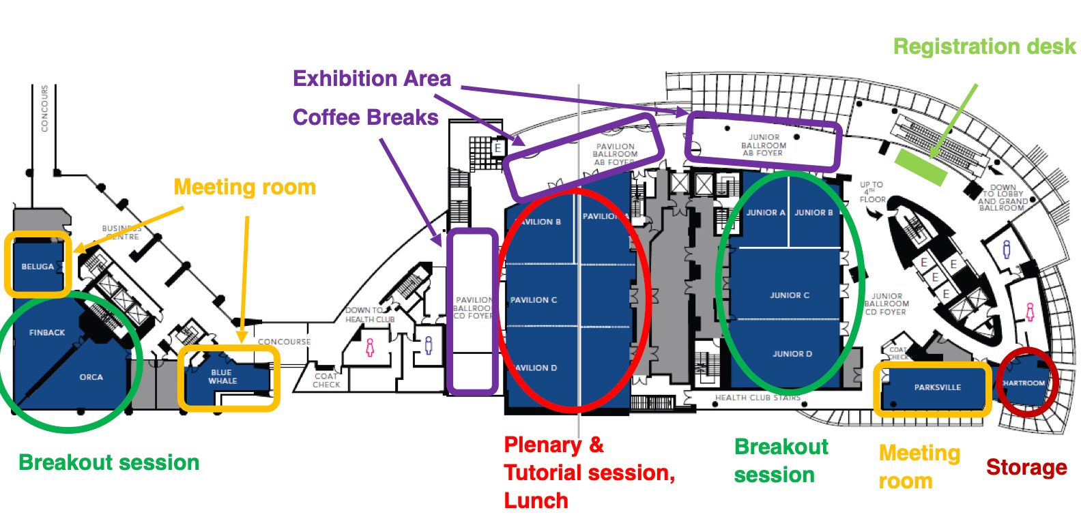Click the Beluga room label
[x=38, y=267]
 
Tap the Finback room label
[x=47, y=333]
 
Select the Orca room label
[x=91, y=377]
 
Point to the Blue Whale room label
[x=222, y=376]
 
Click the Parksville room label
[x=937, y=387]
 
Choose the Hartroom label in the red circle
[x=1024, y=383]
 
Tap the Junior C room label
[x=790, y=295]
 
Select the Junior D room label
[x=792, y=354]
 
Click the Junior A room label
[x=765, y=213]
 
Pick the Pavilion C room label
[x=534, y=300]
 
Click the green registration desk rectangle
[x=921, y=167]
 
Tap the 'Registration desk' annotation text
[x=984, y=46]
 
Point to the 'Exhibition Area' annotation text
[x=372, y=78]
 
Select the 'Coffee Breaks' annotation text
[x=365, y=117]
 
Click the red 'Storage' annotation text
[x=1026, y=467]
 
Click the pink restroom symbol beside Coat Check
[x=370, y=347]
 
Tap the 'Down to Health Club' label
[x=369, y=314]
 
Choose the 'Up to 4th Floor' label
[x=872, y=192]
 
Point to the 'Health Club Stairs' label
[x=758, y=398]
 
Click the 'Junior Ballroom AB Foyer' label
[x=764, y=145]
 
